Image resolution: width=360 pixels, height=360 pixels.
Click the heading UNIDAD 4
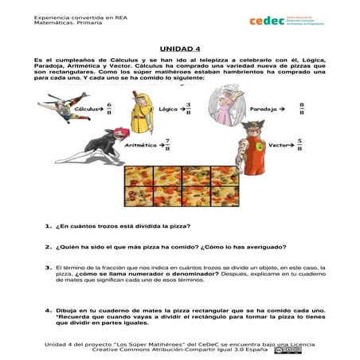pyautogui.click(x=180, y=47)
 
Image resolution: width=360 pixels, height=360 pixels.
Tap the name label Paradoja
pyautogui.click(x=285, y=108)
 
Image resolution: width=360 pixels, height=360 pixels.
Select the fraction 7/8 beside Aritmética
pyautogui.click(x=167, y=146)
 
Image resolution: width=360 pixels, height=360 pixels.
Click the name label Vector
pyautogui.click(x=278, y=146)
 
